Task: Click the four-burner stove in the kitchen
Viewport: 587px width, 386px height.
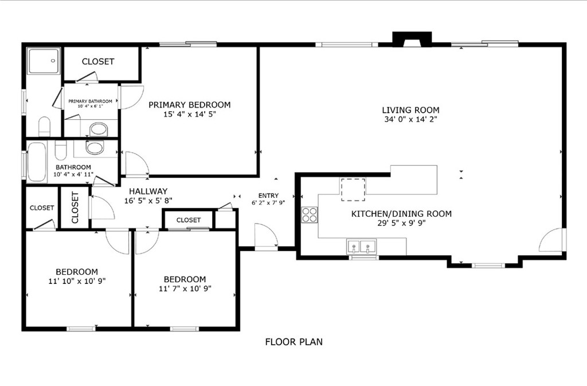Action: click(x=310, y=215)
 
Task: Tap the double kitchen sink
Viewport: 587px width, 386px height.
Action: click(x=361, y=247)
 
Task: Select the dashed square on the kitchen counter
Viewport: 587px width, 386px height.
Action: click(x=353, y=190)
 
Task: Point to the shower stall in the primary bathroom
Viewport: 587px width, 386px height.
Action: click(x=44, y=60)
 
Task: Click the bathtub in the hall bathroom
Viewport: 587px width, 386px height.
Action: click(x=38, y=162)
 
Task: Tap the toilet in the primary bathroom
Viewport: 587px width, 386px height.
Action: click(x=45, y=126)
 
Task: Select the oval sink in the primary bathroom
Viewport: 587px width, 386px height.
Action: click(x=99, y=128)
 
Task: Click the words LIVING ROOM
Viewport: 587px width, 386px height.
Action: click(x=410, y=110)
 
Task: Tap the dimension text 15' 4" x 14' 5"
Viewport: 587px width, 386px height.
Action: click(x=189, y=114)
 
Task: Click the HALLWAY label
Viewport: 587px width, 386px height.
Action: click(x=148, y=192)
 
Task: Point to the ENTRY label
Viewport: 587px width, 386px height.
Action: click(x=268, y=196)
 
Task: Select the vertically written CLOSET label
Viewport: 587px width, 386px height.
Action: click(x=75, y=207)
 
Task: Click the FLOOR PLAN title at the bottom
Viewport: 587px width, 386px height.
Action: click(x=293, y=342)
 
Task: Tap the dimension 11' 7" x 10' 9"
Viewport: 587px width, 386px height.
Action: click(x=185, y=288)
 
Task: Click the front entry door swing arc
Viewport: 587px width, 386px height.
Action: click(x=266, y=235)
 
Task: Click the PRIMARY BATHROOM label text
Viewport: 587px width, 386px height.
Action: click(x=90, y=101)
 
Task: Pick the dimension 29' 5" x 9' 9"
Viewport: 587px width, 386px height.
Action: click(x=401, y=224)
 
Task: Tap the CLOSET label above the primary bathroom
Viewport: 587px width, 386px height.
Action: click(x=98, y=61)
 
